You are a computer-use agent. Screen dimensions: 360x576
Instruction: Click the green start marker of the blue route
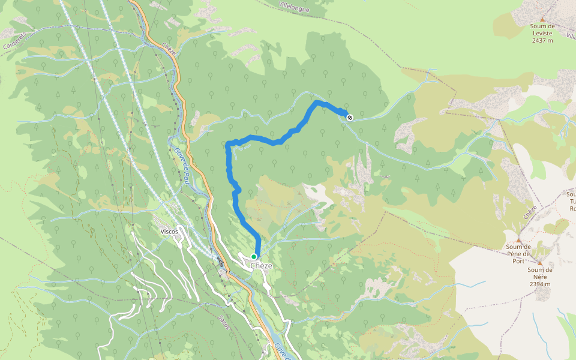coord(254,257)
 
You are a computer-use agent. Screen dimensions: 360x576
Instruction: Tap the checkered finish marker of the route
coord(349,117)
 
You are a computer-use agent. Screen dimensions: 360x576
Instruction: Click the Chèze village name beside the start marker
coord(262,266)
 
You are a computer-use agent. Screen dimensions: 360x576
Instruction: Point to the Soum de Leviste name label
coord(542,29)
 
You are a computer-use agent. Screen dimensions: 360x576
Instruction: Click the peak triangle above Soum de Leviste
coord(543,19)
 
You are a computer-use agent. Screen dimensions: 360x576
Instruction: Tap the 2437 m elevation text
coord(542,40)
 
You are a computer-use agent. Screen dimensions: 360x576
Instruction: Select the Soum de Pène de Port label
coord(518,250)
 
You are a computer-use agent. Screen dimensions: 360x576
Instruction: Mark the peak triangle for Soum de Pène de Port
coord(518,240)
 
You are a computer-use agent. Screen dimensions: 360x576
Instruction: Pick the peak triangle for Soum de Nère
coord(539,263)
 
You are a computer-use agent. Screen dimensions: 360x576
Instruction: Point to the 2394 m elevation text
coord(540,284)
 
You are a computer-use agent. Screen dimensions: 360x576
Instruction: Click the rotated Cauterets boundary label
coord(15,41)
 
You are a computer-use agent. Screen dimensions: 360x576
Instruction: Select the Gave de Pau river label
coord(182,163)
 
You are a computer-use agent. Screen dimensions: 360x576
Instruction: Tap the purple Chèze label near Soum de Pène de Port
coord(529,212)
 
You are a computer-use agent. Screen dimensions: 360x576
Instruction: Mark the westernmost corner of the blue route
coord(227,143)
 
